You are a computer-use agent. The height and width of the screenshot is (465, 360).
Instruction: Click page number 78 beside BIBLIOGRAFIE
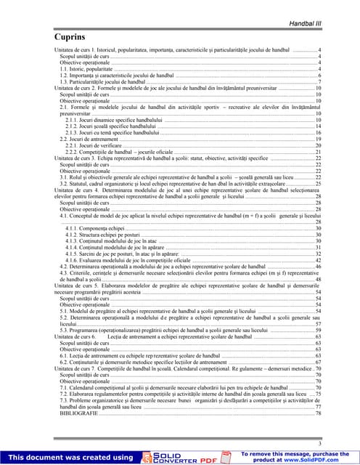(318, 413)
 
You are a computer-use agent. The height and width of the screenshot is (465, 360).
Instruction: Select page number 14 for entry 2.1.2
(318, 126)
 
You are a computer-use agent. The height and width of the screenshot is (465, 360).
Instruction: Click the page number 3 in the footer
(319, 443)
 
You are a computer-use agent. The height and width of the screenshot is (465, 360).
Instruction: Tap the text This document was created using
(71, 457)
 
